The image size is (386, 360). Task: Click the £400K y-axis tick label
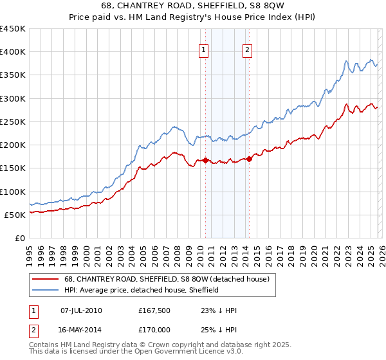click(13, 52)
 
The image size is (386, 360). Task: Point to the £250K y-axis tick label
click(13, 122)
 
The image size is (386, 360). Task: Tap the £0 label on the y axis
click(19, 238)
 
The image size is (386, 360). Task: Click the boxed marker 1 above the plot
click(204, 50)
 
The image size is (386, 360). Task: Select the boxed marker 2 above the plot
click(247, 50)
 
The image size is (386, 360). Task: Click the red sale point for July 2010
click(205, 160)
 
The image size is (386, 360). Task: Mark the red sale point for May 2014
click(249, 159)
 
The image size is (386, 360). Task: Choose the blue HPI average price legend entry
click(141, 290)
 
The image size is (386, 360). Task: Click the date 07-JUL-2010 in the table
click(81, 310)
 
